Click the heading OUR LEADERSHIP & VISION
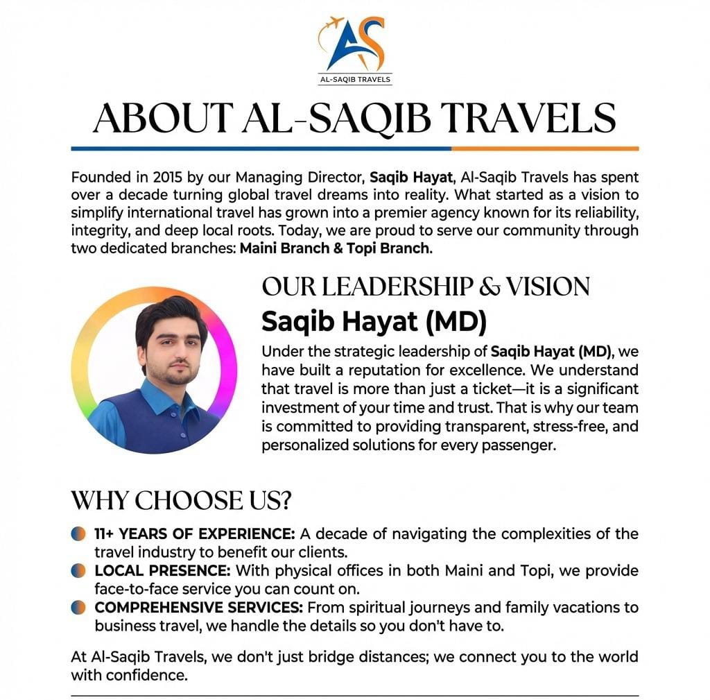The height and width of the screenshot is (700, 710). click(x=426, y=287)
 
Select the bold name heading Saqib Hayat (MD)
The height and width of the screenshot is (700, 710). click(x=374, y=321)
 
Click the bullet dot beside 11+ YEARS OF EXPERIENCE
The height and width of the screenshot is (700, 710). click(x=79, y=534)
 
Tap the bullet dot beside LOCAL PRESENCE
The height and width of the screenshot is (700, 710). click(x=79, y=571)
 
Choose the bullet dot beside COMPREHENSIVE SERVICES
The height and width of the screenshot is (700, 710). click(x=79, y=608)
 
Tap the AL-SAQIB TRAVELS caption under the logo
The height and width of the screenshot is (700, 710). click(x=355, y=80)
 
